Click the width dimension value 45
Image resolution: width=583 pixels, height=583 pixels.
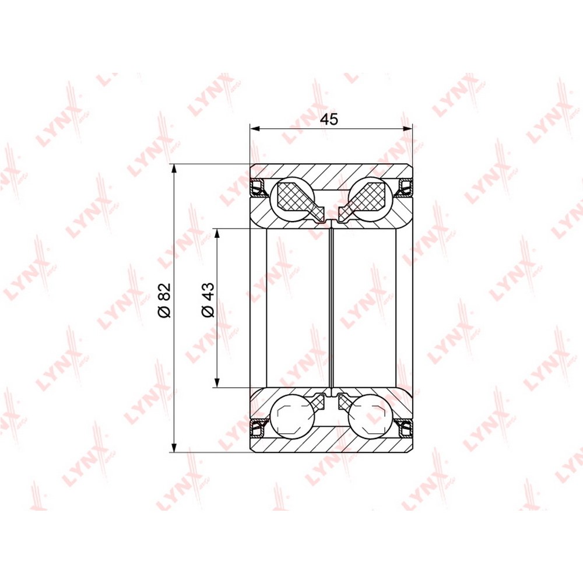coord(329,120)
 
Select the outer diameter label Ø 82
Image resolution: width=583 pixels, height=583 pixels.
coord(164,300)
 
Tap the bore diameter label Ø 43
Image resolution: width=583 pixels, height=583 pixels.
coord(208,300)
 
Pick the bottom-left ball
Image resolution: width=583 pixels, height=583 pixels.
coord(292,415)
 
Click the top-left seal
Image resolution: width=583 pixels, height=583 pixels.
coord(259,187)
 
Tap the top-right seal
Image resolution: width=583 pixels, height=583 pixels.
coord(404,187)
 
